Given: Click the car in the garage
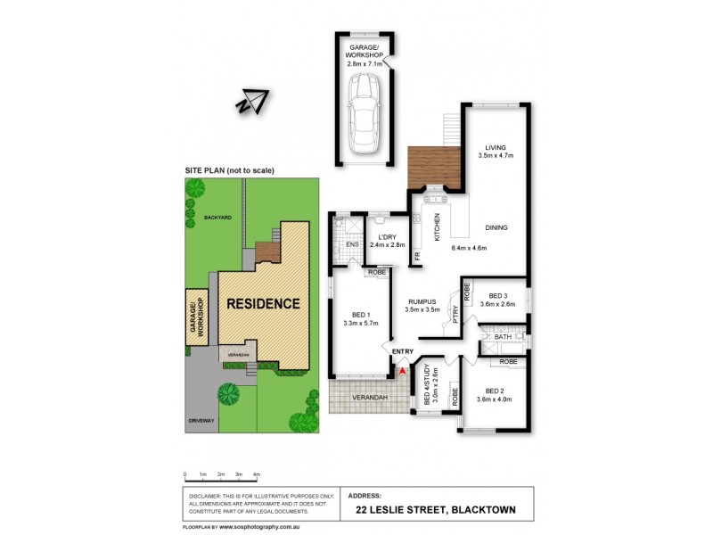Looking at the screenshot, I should [x=365, y=113].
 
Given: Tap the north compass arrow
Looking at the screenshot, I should [x=252, y=103].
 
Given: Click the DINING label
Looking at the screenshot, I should [x=496, y=228].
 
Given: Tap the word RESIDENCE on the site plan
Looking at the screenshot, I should [x=262, y=303].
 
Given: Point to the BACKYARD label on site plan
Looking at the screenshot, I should [x=217, y=218].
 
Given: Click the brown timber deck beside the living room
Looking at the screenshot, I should [x=432, y=167].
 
